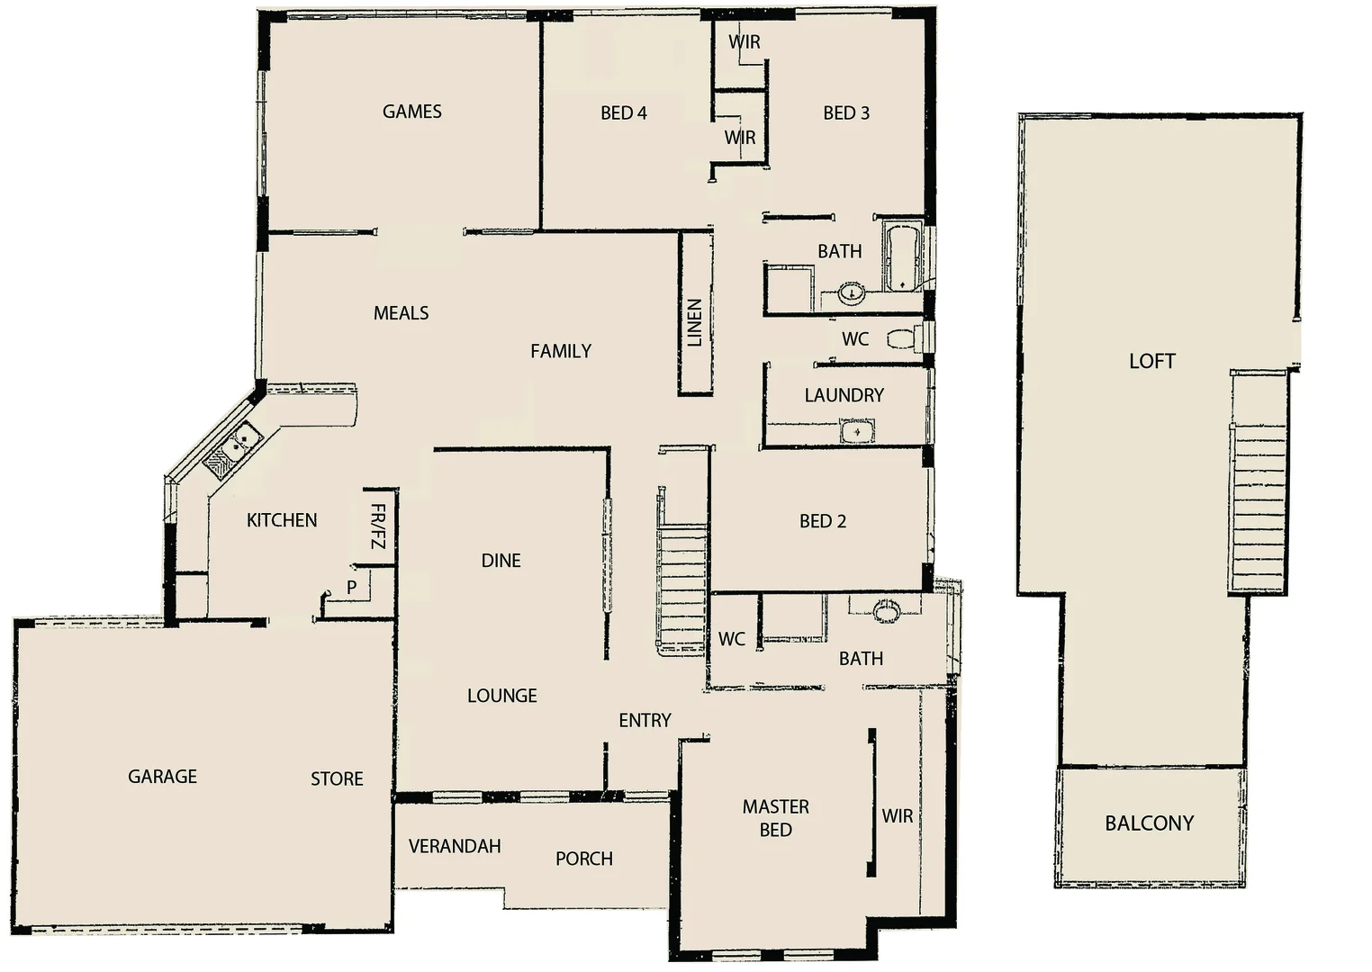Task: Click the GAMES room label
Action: point(411,112)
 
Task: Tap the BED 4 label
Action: point(623,113)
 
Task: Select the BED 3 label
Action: point(845,113)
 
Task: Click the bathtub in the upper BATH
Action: point(901,257)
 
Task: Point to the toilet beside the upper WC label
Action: point(903,339)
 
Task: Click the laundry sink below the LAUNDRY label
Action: point(857,433)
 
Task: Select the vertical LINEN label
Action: point(694,323)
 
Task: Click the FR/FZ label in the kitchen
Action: point(377,526)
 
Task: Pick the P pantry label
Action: point(352,588)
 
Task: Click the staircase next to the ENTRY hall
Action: point(681,585)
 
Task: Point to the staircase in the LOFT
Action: point(1258,504)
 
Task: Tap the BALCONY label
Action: point(1149,823)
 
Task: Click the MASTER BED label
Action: point(775,818)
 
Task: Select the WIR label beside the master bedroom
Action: point(897,816)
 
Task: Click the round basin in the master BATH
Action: point(886,611)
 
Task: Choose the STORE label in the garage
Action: point(337,779)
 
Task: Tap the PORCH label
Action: point(583,859)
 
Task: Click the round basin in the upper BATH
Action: point(852,292)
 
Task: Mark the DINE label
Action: point(501,561)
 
